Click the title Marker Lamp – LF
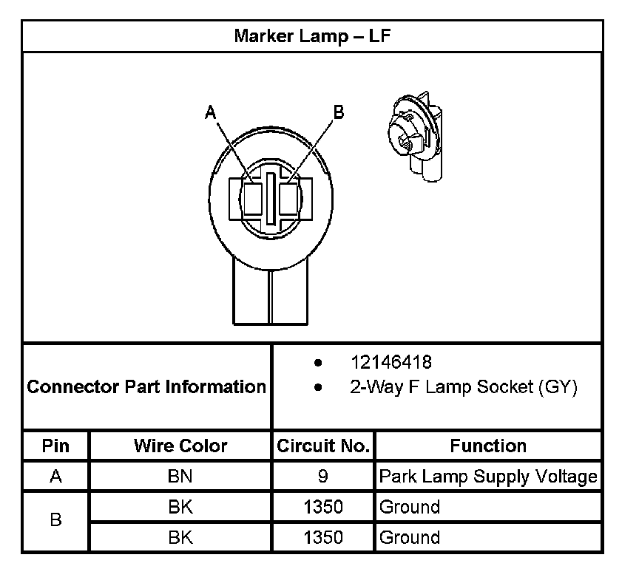click(312, 36)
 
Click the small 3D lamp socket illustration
click(416, 136)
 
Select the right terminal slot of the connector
click(290, 197)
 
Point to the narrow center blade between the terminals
click(271, 198)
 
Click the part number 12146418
click(391, 363)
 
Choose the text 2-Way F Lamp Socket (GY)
click(463, 386)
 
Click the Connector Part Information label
click(146, 386)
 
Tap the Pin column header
click(55, 446)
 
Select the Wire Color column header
click(180, 446)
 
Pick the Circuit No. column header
click(323, 446)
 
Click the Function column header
click(488, 446)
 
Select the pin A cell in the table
click(55, 477)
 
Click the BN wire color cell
click(180, 477)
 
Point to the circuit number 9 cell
click(323, 477)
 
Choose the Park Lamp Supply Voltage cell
click(488, 477)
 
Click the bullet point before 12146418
click(318, 364)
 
